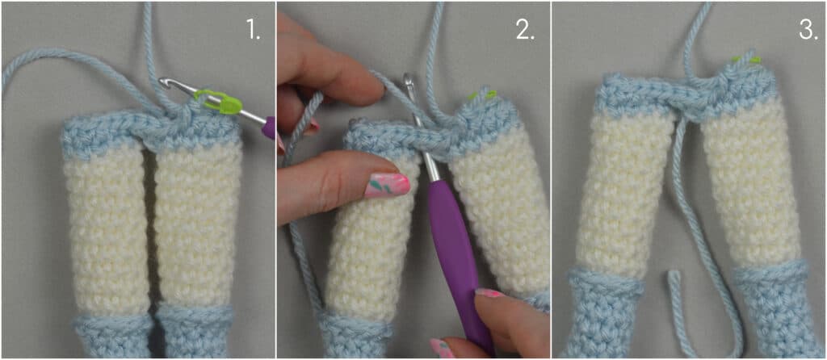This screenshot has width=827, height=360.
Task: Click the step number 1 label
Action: click(x=253, y=31)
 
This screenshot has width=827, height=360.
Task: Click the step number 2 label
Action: click(x=525, y=31)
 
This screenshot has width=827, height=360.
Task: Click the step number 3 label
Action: click(x=808, y=31)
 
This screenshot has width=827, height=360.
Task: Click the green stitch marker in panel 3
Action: click(x=745, y=60)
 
